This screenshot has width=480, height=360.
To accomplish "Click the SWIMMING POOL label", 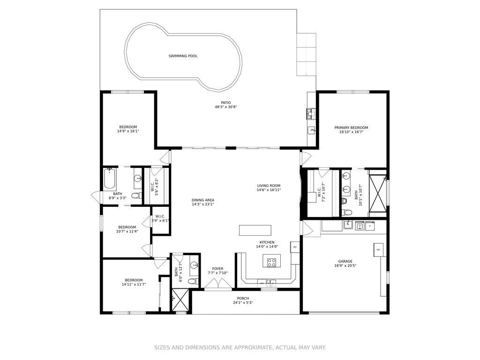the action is point(183,56).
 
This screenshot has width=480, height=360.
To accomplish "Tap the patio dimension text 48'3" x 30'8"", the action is point(226,107).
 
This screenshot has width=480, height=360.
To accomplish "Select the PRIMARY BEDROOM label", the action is point(351,127).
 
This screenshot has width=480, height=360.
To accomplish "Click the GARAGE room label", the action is point(345,262).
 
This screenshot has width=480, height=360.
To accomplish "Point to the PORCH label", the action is point(243,299).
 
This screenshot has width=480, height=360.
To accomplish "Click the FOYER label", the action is point(217,269).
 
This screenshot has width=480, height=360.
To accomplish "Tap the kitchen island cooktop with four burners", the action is point(271,262).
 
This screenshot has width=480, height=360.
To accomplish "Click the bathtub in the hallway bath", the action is point(110,179).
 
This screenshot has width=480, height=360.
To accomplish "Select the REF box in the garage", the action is point(378,250).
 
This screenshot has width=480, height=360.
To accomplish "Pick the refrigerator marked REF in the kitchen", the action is point(295,247).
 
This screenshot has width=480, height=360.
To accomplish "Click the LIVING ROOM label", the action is point(269,186).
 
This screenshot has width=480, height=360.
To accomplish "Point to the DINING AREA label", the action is point(203,200).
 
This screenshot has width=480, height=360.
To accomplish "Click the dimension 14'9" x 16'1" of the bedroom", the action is point(128,131).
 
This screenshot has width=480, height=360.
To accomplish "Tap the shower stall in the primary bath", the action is point(378,193).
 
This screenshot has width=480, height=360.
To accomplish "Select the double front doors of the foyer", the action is point(218,284).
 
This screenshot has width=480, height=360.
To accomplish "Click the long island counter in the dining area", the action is point(255,231).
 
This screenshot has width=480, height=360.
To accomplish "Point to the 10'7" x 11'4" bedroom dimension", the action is point(127,232).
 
